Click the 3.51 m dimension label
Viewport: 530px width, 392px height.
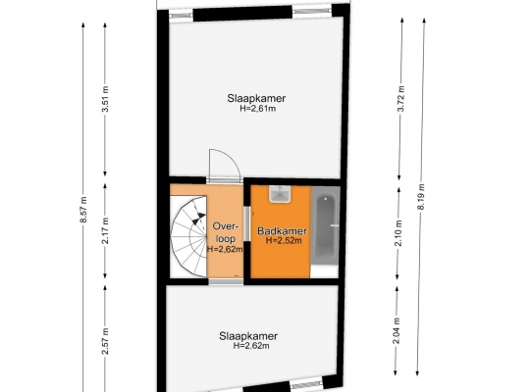[105, 100]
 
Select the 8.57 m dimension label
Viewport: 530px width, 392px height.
[83, 210]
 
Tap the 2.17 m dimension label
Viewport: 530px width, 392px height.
[105, 230]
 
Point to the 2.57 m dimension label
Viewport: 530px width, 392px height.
[105, 341]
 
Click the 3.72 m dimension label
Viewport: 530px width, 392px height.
[400, 99]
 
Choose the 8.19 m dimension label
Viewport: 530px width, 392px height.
[421, 197]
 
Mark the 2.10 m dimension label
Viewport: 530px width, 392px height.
[398, 233]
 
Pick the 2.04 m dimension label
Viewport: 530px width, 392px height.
[397, 331]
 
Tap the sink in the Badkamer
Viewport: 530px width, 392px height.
[280, 194]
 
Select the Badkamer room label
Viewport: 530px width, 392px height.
[283, 231]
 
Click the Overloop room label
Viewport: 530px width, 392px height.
[226, 232]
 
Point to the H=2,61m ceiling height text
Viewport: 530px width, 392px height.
[258, 109]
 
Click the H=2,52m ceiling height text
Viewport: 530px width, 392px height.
[284, 240]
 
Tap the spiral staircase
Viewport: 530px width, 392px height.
[188, 236]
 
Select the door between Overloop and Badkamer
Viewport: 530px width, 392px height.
[246, 223]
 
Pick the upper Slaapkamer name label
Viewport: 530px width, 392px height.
[256, 98]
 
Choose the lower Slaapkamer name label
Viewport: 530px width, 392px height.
[248, 336]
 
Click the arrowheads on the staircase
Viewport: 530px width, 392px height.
[198, 219]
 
